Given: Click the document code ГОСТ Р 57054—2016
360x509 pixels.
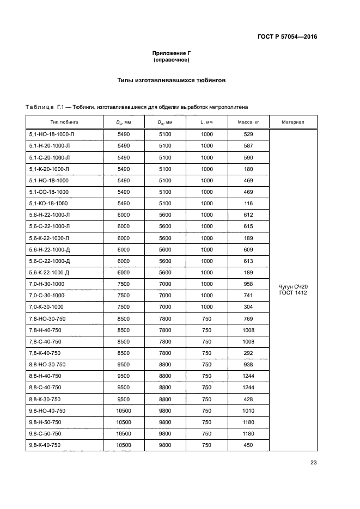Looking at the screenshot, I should (287, 37).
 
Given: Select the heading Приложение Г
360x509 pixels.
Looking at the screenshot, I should (171, 53).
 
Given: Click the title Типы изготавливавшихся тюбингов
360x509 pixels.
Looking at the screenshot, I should (171, 79).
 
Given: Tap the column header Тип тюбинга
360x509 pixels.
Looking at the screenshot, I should (64, 122).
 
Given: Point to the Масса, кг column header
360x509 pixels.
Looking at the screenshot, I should (248, 122).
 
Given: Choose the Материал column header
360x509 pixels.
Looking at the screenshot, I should (293, 122).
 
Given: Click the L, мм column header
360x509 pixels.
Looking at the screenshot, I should (206, 122).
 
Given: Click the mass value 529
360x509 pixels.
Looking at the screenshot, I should (248, 134).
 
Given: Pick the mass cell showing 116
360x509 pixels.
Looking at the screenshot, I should (248, 203).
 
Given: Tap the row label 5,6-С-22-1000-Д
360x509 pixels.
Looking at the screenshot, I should (49, 261).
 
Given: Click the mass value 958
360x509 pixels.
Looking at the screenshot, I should (248, 284).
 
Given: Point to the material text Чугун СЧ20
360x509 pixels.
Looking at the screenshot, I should (293, 286).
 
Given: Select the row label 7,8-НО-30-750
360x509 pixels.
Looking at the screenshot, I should (47, 318).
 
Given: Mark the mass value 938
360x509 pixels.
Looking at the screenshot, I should (248, 364).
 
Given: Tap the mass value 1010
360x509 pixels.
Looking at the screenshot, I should (248, 410).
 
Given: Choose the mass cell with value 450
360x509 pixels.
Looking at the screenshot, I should (248, 445).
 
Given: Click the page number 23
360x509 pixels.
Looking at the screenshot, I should (313, 463).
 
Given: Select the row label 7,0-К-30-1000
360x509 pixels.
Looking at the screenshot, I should (46, 306).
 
